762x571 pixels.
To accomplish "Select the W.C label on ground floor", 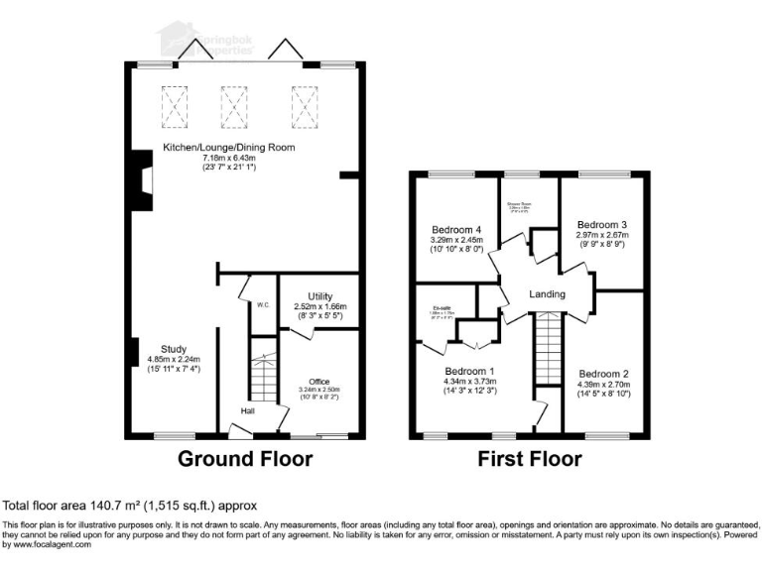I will tap(263, 305).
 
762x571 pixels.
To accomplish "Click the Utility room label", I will tap(319, 296).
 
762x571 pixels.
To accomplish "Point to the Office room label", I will tap(318, 382).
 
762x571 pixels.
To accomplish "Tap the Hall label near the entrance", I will tap(248, 410).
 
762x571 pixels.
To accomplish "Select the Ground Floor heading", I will tap(245, 459).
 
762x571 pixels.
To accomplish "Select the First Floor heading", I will tap(530, 459).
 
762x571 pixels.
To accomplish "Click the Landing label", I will tap(547, 294).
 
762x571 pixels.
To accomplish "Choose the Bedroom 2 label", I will tap(605, 374).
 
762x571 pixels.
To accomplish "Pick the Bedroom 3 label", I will tap(605, 224).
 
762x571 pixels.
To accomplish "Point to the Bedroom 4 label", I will tap(456, 229).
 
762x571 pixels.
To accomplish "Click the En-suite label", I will tap(428, 308).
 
